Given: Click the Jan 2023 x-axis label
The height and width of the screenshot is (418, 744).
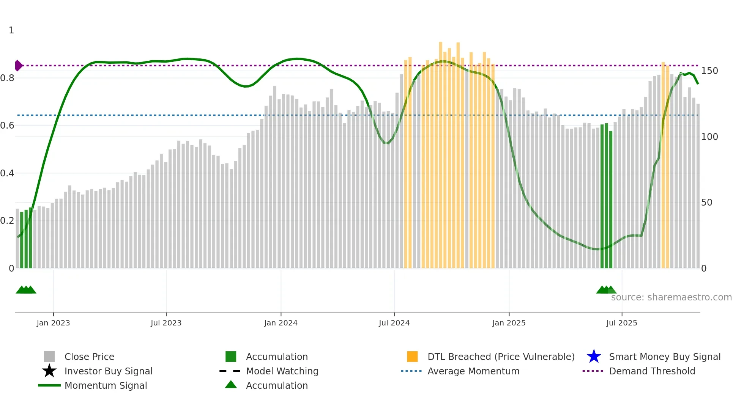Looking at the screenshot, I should (53, 323).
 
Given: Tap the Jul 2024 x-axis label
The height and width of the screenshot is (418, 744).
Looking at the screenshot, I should (394, 323).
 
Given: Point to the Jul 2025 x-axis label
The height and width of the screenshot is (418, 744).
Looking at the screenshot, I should (621, 323).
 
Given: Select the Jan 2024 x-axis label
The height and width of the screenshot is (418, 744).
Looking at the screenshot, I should (281, 323).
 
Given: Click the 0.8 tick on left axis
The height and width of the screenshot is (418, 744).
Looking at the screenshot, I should (7, 78).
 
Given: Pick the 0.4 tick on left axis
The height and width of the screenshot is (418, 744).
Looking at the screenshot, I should (7, 173).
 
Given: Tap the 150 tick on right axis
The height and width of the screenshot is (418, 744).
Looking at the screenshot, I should (709, 71).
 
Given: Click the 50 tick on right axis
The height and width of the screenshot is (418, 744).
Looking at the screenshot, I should (706, 203).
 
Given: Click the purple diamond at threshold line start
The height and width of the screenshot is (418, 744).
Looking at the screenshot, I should (18, 66).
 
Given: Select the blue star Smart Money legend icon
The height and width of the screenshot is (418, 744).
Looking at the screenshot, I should (594, 357).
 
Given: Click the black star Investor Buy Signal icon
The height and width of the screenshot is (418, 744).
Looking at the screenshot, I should (49, 371).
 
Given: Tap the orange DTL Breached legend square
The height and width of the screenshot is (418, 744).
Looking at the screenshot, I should (412, 357).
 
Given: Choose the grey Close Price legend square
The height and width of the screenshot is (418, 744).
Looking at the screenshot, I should (49, 357).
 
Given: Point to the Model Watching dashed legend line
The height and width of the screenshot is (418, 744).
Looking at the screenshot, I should (230, 371).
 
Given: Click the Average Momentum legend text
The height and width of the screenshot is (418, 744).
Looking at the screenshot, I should (473, 371).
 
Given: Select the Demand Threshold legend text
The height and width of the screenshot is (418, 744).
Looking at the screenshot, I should (652, 371).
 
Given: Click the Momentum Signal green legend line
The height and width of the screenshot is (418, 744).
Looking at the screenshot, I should (49, 385).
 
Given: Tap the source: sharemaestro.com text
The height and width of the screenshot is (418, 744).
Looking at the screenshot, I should (671, 297).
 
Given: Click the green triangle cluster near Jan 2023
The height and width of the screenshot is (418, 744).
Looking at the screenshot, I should (26, 290).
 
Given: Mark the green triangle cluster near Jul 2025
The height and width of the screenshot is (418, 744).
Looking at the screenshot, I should (606, 290).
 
